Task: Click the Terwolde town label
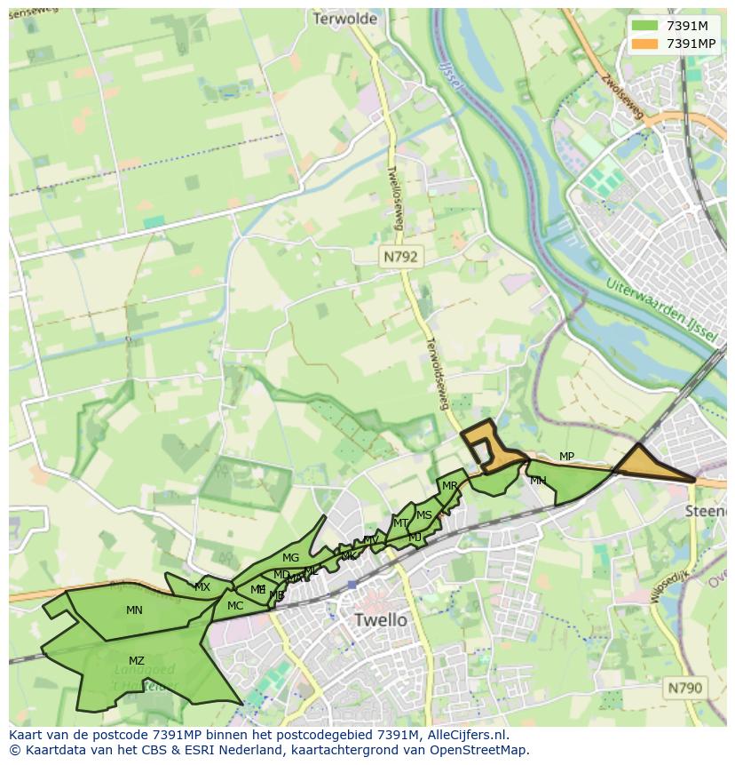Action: pyautogui.click(x=344, y=19)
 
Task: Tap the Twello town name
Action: pyautogui.click(x=380, y=619)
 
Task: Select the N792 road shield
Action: pyautogui.click(x=400, y=257)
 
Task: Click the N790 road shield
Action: pyautogui.click(x=684, y=687)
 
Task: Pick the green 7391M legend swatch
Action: pyautogui.click(x=644, y=25)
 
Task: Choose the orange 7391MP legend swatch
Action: pyautogui.click(x=644, y=44)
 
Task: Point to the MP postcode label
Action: pyautogui.click(x=566, y=457)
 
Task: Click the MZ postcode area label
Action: pyautogui.click(x=136, y=661)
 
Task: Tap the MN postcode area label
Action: pyautogui.click(x=134, y=610)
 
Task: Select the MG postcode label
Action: pyautogui.click(x=290, y=558)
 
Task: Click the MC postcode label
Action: pyautogui.click(x=235, y=606)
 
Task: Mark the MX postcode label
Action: pyautogui.click(x=202, y=587)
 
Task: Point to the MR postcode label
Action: pyautogui.click(x=450, y=486)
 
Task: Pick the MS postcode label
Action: pyautogui.click(x=424, y=515)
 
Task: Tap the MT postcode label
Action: pyautogui.click(x=400, y=523)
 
